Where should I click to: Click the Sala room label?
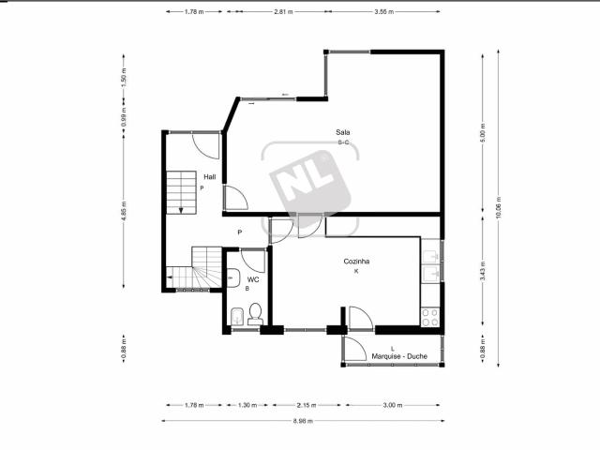tap(343, 132)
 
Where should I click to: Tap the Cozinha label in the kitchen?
tap(356, 263)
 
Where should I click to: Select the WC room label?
tap(252, 279)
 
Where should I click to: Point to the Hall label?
tap(210, 176)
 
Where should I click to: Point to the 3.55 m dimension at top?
tap(382, 12)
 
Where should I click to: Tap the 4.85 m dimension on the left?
tap(124, 214)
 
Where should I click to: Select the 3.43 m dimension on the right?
tap(483, 271)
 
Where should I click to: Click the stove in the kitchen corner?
tap(431, 316)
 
